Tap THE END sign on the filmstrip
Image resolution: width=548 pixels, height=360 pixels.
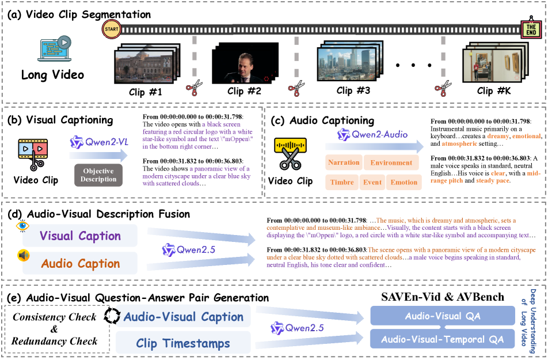click(529, 28)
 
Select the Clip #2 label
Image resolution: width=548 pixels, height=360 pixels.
click(244, 91)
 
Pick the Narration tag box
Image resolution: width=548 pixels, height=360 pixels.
click(344, 162)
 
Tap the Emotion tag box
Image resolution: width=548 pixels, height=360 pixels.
click(404, 183)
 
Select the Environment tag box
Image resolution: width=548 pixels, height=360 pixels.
click(391, 162)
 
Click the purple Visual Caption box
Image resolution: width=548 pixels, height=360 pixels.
click(80, 236)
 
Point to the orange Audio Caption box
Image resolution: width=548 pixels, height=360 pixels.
click(80, 264)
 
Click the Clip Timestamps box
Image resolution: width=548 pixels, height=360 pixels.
click(183, 344)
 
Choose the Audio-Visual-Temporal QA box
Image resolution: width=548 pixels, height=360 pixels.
click(443, 339)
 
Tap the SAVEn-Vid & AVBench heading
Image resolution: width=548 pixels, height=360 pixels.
click(442, 297)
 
